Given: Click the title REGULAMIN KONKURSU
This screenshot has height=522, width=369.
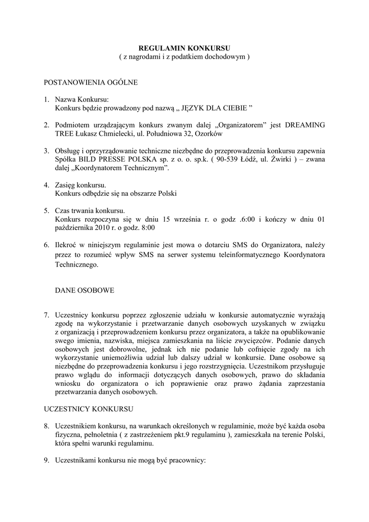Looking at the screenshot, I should (184, 48).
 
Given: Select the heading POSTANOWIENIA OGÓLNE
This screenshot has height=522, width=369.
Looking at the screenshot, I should (91, 82).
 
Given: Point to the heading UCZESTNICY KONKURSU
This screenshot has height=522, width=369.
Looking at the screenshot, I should (89, 409).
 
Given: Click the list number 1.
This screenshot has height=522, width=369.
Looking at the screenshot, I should (46, 99).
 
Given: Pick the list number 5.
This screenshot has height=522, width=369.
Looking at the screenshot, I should (46, 211).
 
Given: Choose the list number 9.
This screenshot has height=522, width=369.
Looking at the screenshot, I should (46, 460).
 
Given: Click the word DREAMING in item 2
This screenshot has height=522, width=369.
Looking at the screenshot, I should (305, 125).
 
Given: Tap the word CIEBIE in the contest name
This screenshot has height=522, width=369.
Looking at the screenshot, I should (233, 108).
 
